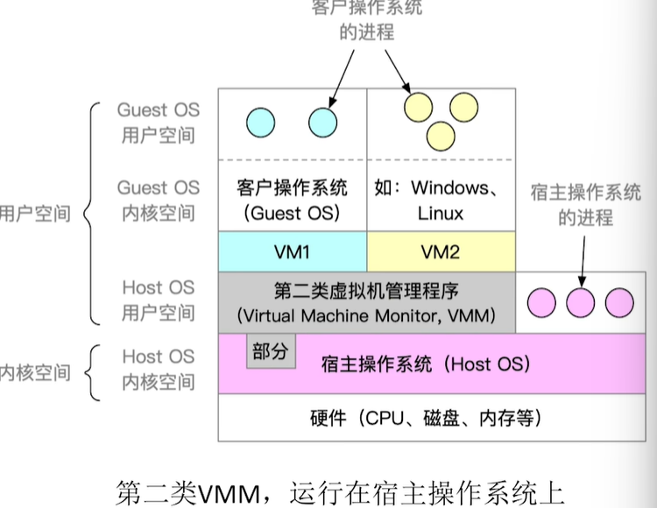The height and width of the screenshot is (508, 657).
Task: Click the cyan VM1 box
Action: point(292,252)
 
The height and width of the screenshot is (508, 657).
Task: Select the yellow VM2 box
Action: point(440,252)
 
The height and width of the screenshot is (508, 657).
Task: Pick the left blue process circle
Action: point(260,121)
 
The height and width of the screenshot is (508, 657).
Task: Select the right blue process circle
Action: point(322,121)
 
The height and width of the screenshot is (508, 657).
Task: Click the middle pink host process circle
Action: point(580,302)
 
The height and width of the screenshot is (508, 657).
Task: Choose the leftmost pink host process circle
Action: point(540,302)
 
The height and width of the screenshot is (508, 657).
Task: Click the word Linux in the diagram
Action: point(440,213)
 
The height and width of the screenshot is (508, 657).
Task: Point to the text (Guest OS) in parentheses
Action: point(292,213)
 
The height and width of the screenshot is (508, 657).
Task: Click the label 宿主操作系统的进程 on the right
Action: point(585,205)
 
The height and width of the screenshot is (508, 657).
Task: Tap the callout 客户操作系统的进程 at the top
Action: point(366,19)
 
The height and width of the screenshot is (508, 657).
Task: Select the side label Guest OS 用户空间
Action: point(158,123)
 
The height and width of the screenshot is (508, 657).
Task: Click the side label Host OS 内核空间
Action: point(158,369)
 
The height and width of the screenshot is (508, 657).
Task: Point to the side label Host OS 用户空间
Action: point(158,300)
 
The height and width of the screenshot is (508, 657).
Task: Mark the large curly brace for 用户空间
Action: point(89,213)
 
